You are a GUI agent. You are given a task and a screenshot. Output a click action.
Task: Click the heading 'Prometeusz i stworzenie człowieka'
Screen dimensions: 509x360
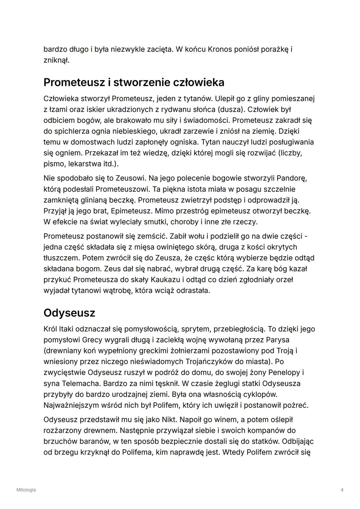pyautogui.click(x=134, y=82)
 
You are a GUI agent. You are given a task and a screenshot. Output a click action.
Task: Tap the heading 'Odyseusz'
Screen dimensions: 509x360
pyautogui.click(x=69, y=313)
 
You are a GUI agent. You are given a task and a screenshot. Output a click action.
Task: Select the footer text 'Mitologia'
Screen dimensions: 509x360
pyautogui.click(x=26, y=490)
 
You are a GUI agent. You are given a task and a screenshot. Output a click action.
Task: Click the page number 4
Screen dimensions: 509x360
pyautogui.click(x=342, y=490)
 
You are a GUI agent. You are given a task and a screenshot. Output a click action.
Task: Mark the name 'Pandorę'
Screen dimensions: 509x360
pyautogui.click(x=292, y=178)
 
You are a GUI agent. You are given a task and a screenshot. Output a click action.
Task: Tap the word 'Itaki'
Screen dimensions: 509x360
pyautogui.click(x=66, y=329)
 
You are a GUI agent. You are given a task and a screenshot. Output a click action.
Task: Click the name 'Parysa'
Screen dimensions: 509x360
pyautogui.click(x=277, y=340)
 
